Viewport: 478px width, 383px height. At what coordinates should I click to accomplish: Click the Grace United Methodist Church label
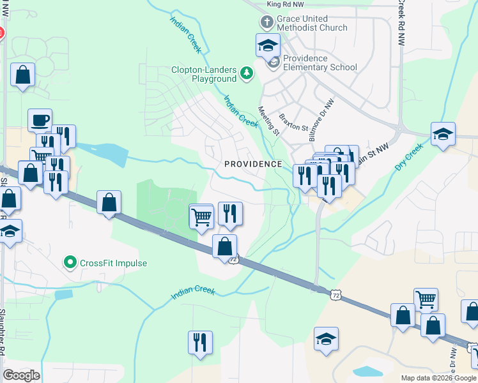(x=312, y=23)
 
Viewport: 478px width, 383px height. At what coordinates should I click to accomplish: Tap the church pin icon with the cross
(x=266, y=23)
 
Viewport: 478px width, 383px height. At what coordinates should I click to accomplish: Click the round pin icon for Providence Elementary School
(x=273, y=63)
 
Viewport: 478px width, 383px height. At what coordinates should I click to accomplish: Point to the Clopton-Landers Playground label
(x=204, y=74)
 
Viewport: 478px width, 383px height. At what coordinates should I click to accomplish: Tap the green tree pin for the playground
(x=247, y=74)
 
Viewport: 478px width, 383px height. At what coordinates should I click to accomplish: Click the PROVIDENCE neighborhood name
(x=253, y=164)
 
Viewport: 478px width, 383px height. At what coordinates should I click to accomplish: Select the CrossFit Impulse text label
(x=114, y=262)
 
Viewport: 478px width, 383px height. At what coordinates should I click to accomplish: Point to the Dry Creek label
(x=410, y=157)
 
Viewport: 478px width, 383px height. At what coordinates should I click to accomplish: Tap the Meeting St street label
(x=268, y=121)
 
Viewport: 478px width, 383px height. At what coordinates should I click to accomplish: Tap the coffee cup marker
(x=40, y=120)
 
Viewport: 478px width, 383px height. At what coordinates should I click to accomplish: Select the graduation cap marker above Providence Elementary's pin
(x=268, y=45)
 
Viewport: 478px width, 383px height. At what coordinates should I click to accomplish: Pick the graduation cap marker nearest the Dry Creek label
(x=442, y=134)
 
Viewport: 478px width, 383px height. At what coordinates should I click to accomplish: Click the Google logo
(x=21, y=375)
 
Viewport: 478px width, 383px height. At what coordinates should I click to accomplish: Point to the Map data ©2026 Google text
(x=438, y=378)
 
